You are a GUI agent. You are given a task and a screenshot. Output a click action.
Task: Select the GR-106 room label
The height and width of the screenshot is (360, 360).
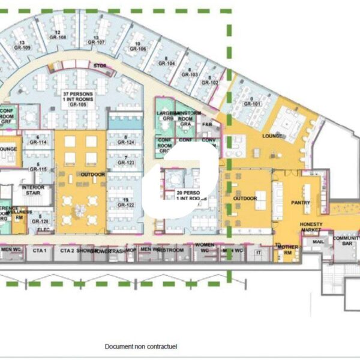tap(138, 49)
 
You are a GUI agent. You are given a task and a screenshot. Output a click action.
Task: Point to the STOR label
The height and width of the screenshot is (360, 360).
tap(99, 65)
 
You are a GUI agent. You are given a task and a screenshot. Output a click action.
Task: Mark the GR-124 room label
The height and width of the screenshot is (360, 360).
tap(126, 143)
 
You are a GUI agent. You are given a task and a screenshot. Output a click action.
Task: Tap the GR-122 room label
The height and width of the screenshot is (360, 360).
tap(126, 205)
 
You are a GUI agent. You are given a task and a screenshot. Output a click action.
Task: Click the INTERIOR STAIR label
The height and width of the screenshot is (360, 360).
tap(34, 190)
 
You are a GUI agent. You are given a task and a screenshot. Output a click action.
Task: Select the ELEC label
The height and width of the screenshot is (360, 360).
tap(43, 229)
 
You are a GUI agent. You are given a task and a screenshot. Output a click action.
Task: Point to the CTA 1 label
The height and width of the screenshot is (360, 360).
tap(40, 250)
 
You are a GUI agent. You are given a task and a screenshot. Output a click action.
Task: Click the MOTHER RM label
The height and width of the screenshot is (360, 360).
tap(287, 250)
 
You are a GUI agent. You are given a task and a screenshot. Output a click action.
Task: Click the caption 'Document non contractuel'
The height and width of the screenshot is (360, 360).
tap(141, 347)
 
